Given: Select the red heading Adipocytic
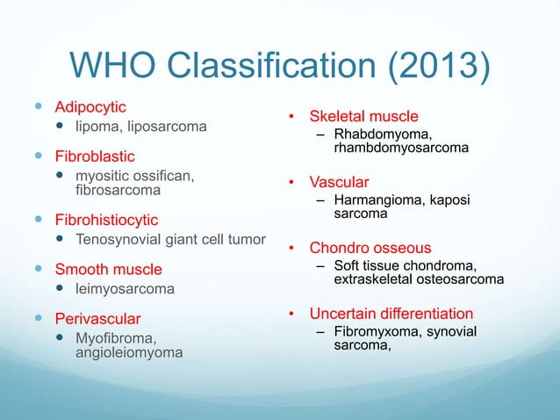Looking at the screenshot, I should point(90,107).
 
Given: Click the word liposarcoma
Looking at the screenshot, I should point(167,127).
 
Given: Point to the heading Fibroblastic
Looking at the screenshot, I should point(96,156).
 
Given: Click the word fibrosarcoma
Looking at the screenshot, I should point(118,189).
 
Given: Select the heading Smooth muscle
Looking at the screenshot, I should point(109,268).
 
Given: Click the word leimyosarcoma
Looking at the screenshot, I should point(126,288).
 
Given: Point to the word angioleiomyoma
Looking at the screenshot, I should point(130,352).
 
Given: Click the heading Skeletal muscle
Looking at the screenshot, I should point(363,116).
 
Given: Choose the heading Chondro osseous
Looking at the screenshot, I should point(370,249).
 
